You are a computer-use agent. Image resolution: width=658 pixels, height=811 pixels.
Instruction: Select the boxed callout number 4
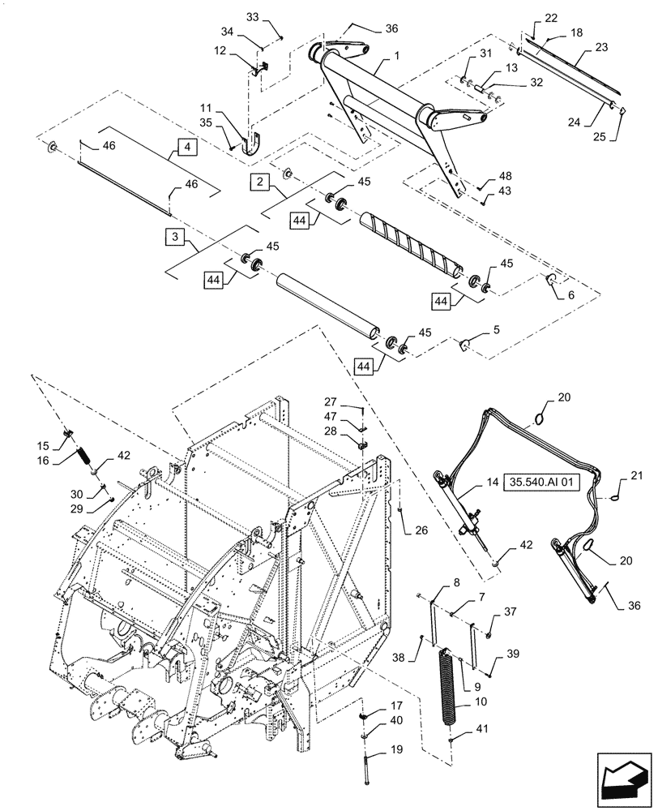(x=187, y=148)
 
